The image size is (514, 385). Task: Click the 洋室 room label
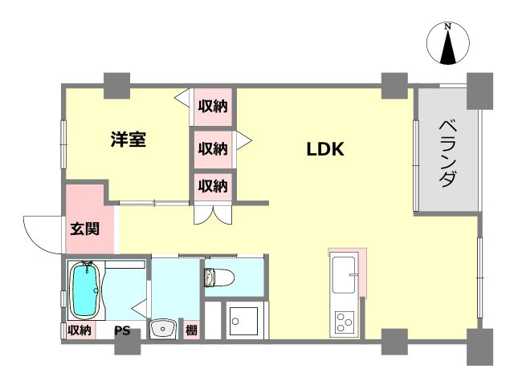(128, 140)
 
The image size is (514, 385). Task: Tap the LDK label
(325, 149)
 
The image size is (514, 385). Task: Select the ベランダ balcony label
(448, 152)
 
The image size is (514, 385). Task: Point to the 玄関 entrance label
(84, 229)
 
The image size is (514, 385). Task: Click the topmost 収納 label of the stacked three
(213, 105)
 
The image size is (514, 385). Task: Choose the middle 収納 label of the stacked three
(213, 148)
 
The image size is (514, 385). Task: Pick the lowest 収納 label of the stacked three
(213, 186)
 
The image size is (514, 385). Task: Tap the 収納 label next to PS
(79, 330)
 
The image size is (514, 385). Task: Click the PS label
(121, 330)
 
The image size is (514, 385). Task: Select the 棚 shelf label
(191, 330)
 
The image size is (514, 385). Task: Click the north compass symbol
(447, 44)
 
